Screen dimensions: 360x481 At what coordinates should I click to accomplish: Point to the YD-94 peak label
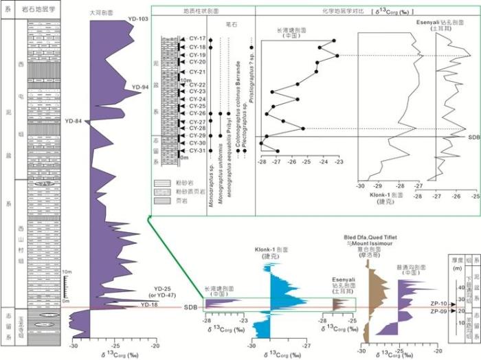pyautogui.click(x=141, y=87)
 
